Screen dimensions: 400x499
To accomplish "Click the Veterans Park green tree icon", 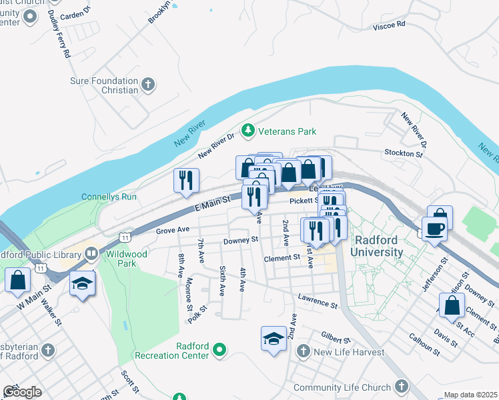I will [x=248, y=131].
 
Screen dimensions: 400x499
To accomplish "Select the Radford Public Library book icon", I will [x=91, y=253].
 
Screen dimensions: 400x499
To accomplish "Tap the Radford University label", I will [x=378, y=246].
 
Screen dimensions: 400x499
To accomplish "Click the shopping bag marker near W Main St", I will [x=17, y=281].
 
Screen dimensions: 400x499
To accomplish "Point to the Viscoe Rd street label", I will [x=390, y=25].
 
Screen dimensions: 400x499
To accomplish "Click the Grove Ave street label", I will [x=173, y=230].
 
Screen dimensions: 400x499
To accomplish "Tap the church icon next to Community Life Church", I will [x=401, y=387].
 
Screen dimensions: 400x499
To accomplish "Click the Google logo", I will [x=22, y=392].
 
